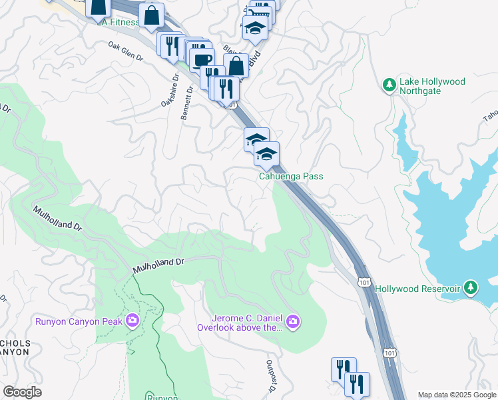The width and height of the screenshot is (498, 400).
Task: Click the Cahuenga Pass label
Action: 291,177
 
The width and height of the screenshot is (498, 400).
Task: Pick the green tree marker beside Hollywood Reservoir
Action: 471,287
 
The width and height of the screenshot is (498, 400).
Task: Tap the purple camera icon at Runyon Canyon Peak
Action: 132,321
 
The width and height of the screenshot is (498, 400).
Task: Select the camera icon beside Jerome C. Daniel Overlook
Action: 293,323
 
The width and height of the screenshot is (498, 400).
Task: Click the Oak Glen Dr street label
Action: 126,52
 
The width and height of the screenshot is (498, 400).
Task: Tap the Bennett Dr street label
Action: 187,103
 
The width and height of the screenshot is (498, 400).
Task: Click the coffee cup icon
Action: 202,59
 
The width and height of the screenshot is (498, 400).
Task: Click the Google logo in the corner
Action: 22,392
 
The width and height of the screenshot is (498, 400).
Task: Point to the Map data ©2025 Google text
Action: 457,395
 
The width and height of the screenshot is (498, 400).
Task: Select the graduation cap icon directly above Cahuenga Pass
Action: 266,154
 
